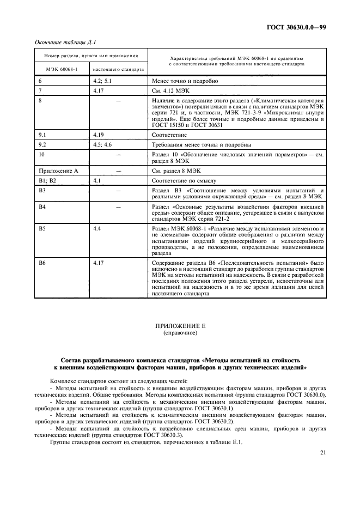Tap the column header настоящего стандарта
[x=119, y=70]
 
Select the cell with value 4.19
[x=99, y=134]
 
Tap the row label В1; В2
[x=47, y=180]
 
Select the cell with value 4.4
[x=97, y=228]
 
